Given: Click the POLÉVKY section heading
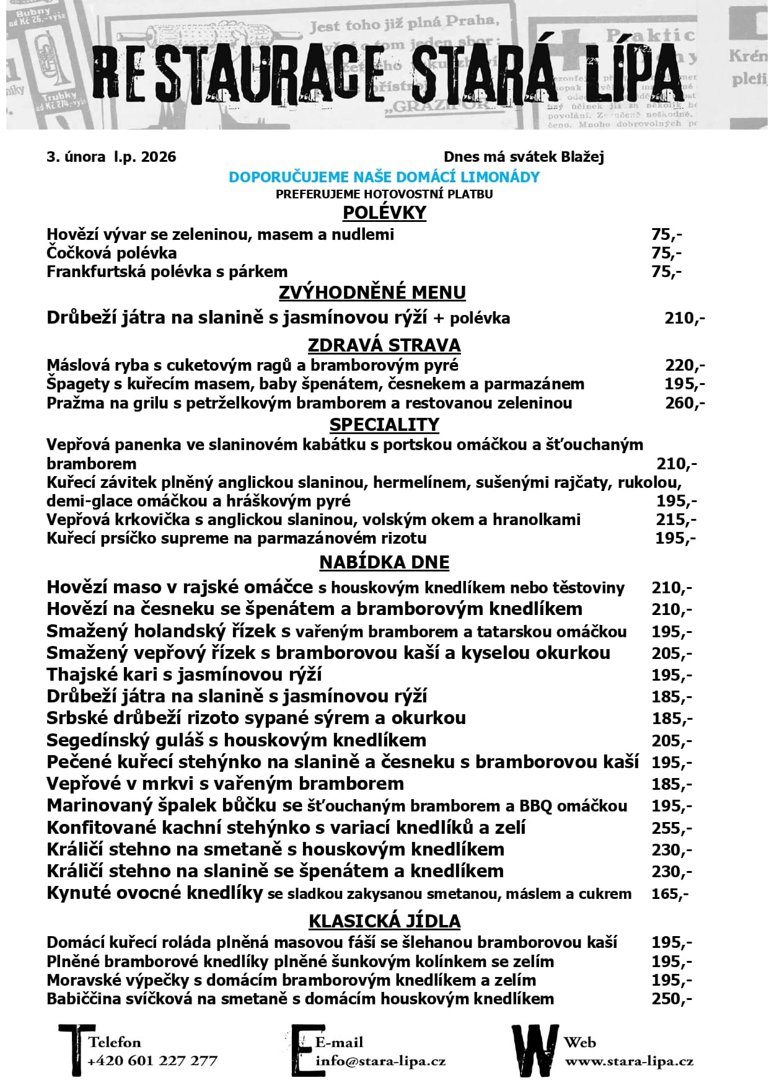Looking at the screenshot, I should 384,213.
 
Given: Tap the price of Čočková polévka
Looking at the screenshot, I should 666,253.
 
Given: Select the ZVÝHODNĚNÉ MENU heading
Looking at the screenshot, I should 372,293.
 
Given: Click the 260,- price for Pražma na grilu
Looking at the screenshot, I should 684,403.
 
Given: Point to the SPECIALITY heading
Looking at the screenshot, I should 384,425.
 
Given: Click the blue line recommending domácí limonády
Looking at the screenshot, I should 384,177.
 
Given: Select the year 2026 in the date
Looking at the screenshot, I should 159,157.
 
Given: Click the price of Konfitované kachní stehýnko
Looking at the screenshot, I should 671,828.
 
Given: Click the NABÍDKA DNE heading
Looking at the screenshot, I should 384,562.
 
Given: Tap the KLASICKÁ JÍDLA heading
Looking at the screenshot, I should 384,921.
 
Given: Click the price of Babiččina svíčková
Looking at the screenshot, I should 671,999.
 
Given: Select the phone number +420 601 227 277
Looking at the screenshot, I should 152,1061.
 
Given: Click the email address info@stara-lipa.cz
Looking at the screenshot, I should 380,1061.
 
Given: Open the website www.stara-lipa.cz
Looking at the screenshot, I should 628,1061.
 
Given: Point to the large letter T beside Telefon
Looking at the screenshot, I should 76,1050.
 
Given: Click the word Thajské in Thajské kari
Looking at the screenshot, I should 81,675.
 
